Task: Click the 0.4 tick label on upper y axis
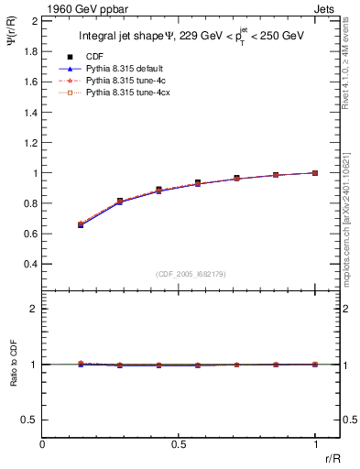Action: pos(31,264)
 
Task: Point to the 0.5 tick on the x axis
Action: pos(179,446)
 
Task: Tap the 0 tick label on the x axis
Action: pos(42,446)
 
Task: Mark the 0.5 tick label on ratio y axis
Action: pos(31,420)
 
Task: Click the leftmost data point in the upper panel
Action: pos(81,224)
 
